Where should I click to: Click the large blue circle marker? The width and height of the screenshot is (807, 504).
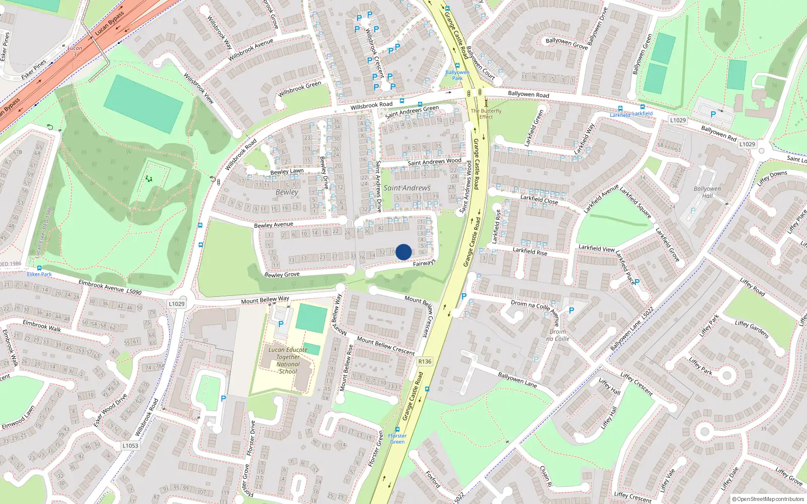403,252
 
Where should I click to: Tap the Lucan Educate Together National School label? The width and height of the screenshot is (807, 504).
288,360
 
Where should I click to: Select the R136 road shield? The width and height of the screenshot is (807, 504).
425,361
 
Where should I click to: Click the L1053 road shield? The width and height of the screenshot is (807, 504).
130,446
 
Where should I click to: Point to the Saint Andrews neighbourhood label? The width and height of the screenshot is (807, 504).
407,188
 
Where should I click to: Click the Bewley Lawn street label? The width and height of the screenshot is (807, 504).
287,171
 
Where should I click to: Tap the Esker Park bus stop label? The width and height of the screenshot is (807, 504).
39,274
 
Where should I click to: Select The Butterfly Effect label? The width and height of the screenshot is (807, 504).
486,114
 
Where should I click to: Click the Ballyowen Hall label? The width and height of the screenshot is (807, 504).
707,192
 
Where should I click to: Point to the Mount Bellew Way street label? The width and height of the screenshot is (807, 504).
265,300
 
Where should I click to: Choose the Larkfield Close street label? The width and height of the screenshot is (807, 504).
539,200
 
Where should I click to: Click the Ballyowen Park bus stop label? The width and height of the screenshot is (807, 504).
457,75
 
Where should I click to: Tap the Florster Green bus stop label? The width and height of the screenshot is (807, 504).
397,438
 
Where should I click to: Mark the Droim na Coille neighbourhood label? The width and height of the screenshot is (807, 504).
558,335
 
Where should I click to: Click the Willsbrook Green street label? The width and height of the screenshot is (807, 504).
300,89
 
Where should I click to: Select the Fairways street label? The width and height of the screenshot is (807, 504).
424,263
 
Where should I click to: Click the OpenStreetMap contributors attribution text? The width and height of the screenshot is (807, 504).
768,499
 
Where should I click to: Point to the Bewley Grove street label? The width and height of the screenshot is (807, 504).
282,275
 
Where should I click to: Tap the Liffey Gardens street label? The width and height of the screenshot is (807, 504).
752,330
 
